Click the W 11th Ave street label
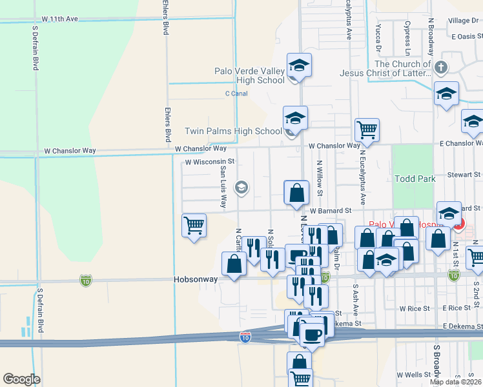pyautogui.click(x=59, y=19)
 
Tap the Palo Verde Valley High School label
pyautogui.click(x=249, y=75)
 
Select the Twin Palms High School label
pyautogui.click(x=233, y=131)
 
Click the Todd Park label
pyautogui.click(x=415, y=179)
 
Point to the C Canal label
pyautogui.click(x=236, y=94)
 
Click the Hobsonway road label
pyautogui.click(x=196, y=280)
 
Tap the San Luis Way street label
pyautogui.click(x=223, y=187)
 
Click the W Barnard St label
pyautogui.click(x=329, y=210)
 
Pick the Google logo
pyautogui.click(x=21, y=379)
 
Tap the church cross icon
pyautogui.click(x=440, y=67)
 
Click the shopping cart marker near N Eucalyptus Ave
pyautogui.click(x=367, y=130)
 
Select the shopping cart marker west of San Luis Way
pyautogui.click(x=194, y=226)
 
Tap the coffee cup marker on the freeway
pyautogui.click(x=313, y=334)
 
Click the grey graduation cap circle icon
pyautogui.click(x=241, y=188)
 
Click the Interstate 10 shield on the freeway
pyautogui.click(x=245, y=337)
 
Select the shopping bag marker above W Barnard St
pyautogui.click(x=296, y=192)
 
